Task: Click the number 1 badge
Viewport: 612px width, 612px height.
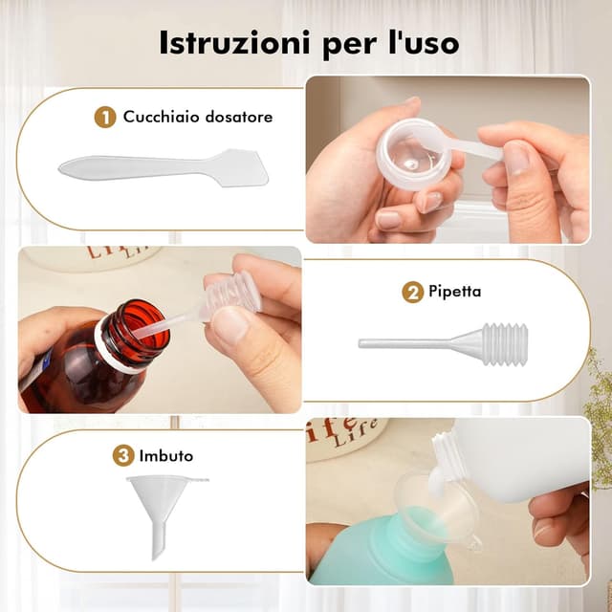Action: pyautogui.click(x=106, y=117)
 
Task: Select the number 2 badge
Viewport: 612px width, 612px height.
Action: pyautogui.click(x=413, y=292)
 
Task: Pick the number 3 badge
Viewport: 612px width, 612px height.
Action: pyautogui.click(x=124, y=455)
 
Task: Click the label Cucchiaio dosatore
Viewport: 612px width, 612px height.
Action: pyautogui.click(x=198, y=117)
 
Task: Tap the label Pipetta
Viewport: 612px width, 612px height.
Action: pyautogui.click(x=455, y=292)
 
